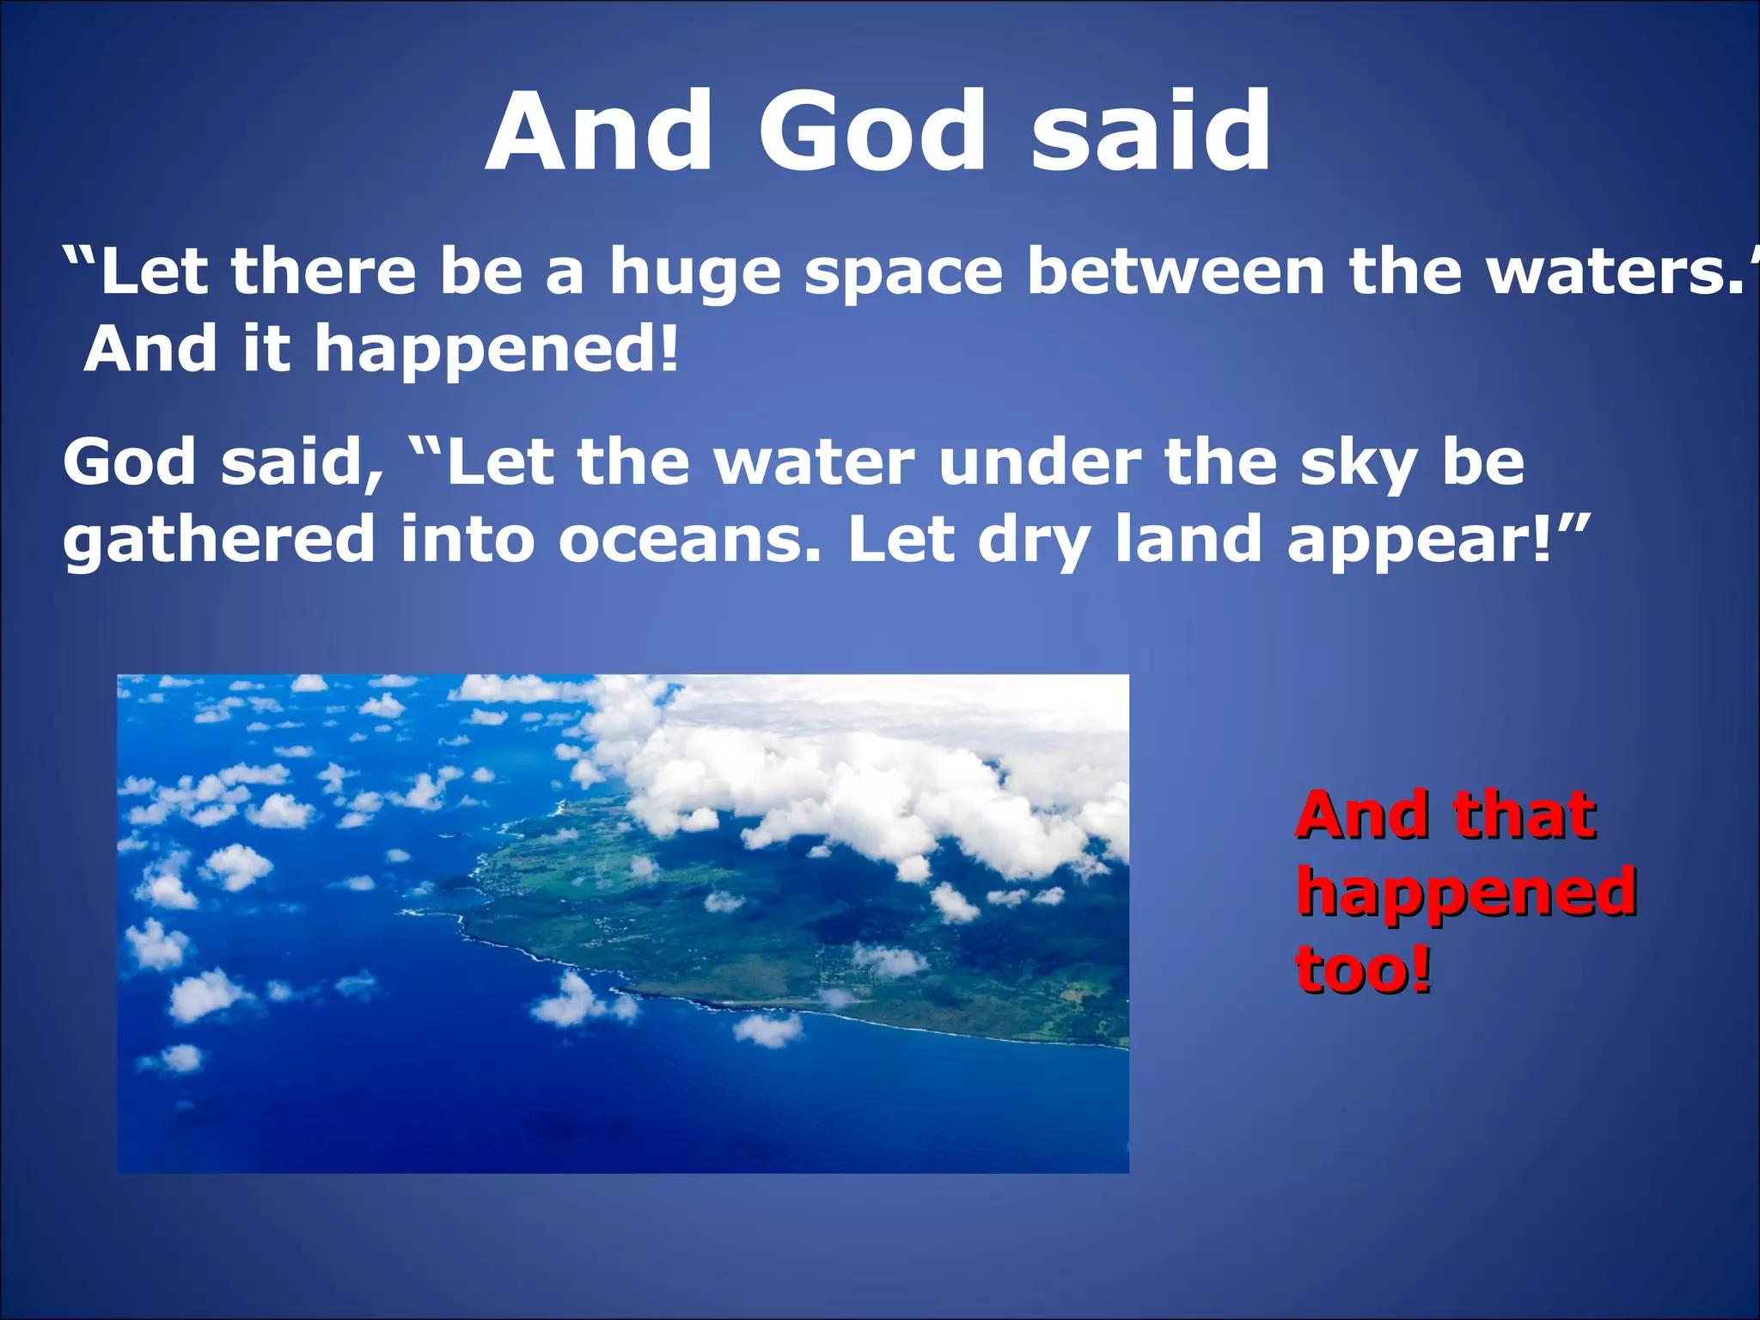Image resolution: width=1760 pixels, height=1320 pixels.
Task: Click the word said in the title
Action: pyautogui.click(x=1152, y=133)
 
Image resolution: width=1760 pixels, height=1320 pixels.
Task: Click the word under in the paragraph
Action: pyautogui.click(x=1040, y=464)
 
